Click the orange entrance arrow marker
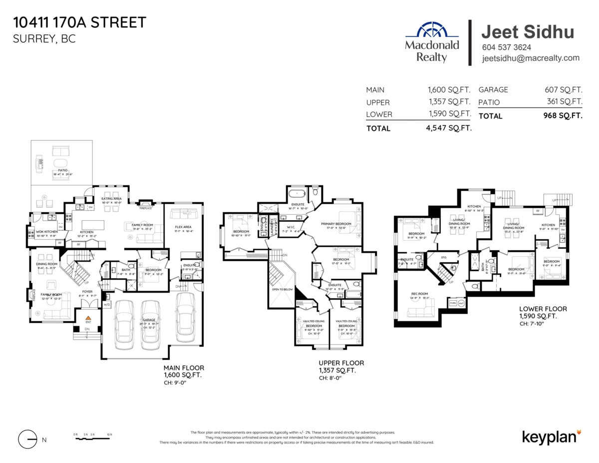click(x=88, y=318)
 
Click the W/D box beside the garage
click(x=106, y=304)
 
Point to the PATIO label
click(x=62, y=170)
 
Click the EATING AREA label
click(x=112, y=199)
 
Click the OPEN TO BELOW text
click(x=282, y=289)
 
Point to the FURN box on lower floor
click(x=453, y=303)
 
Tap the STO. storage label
click(x=443, y=258)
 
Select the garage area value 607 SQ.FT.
click(x=564, y=90)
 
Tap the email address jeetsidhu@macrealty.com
click(x=531, y=58)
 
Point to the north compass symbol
click(x=28, y=440)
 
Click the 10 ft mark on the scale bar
click(x=109, y=435)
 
